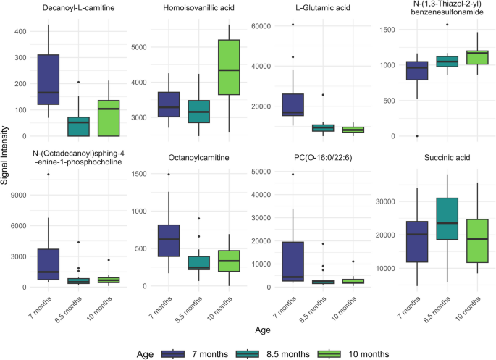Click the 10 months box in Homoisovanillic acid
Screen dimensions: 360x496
230,67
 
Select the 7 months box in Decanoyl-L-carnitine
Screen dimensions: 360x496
50,80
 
